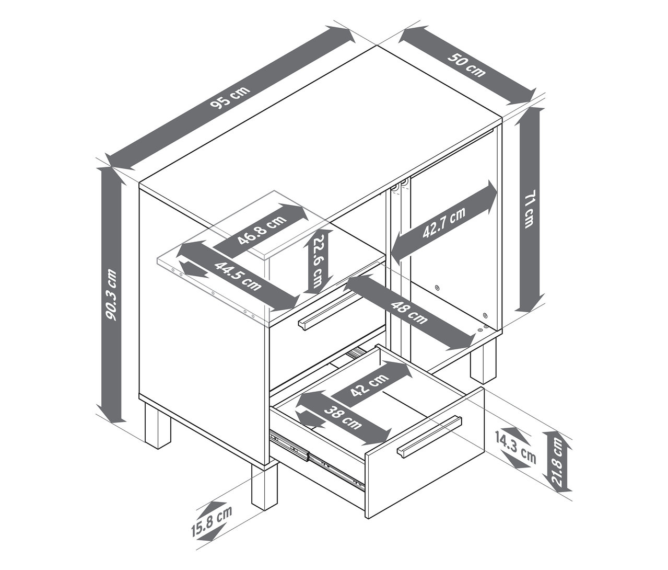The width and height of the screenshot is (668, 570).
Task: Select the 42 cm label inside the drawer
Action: (x=369, y=385)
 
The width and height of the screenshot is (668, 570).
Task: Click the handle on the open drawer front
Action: (x=429, y=437)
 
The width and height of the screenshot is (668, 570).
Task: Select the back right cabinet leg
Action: (x=483, y=359)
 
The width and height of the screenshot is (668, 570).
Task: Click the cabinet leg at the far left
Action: (x=157, y=425)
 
